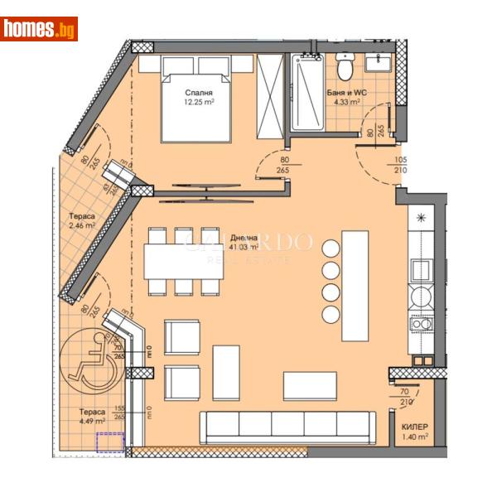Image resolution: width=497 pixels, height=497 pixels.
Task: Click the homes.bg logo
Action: click(39, 29)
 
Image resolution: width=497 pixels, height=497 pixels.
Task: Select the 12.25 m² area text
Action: click(199, 104)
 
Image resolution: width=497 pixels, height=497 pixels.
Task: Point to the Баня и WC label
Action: click(340, 92)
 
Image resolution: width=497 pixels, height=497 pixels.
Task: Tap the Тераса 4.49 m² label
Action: click(92, 417)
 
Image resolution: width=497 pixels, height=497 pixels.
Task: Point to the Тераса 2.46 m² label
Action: click(82, 220)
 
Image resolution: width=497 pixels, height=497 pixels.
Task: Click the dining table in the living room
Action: click(184, 260)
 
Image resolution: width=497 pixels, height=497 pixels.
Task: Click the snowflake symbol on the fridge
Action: click(422, 218)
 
